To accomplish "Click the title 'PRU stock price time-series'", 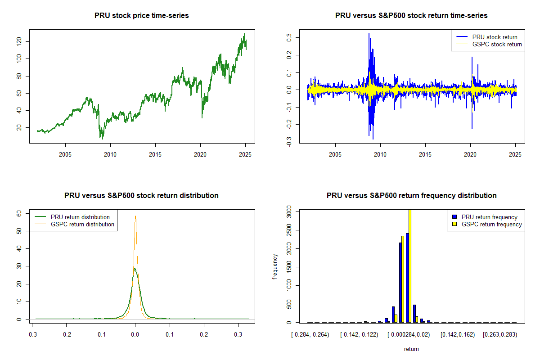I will [141, 16].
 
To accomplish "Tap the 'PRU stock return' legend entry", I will [495, 37].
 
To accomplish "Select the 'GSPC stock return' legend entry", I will [497, 44].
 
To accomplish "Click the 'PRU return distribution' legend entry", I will [80, 217].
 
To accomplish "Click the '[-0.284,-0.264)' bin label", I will [310, 335].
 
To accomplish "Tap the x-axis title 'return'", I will [411, 349].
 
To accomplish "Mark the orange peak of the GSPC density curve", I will [135, 216].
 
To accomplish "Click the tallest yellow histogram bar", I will [410, 265].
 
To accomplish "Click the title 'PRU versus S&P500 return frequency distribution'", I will [411, 196].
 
